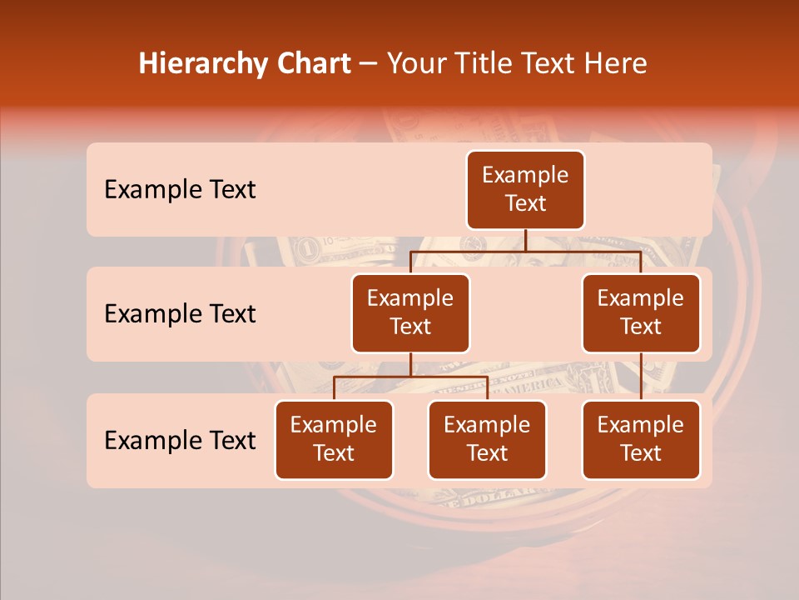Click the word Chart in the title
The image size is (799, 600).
(315, 64)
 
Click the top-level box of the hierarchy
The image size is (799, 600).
(525, 190)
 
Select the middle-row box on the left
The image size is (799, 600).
(410, 313)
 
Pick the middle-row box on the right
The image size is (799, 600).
(641, 313)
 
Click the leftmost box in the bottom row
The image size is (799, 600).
(334, 440)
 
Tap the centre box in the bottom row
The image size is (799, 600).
(487, 440)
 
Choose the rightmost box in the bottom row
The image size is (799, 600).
(641, 440)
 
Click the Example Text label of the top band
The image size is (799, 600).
(180, 190)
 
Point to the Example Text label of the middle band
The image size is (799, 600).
(180, 314)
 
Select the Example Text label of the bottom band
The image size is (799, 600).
(180, 441)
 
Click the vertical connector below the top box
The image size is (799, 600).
(525, 240)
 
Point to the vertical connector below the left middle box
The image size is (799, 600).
(410, 364)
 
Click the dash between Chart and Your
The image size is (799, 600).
(369, 64)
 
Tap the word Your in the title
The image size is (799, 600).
(414, 64)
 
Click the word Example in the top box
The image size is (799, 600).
(525, 175)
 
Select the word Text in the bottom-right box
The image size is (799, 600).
(641, 453)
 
